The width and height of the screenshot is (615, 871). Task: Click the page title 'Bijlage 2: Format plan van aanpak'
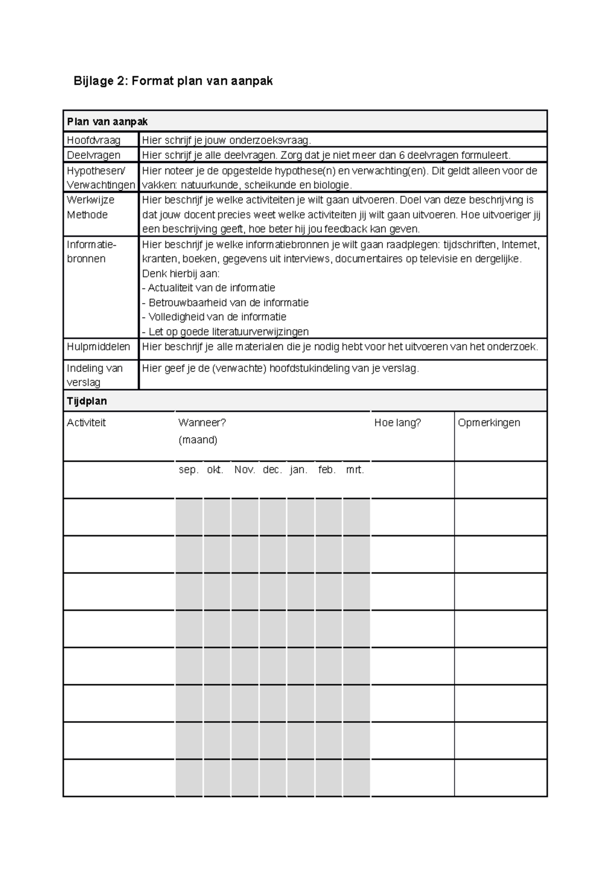coord(173,81)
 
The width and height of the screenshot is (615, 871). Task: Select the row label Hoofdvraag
coord(93,140)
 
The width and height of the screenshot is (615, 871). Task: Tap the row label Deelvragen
coord(93,155)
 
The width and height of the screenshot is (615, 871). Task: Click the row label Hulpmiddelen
coord(98,347)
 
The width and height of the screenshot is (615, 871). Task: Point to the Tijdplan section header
coord(87,401)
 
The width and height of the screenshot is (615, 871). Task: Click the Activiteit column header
coord(86,423)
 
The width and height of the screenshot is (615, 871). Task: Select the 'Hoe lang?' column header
coord(397,423)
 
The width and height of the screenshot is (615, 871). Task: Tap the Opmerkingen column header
coord(488,423)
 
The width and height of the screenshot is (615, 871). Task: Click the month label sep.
coord(188,470)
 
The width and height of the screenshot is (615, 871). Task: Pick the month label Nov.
coord(244,470)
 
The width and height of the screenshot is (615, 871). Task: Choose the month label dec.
coord(272,470)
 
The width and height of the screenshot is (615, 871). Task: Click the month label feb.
coord(327,470)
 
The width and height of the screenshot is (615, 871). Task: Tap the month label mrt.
coord(355,470)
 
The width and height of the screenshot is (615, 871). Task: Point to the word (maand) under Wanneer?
coord(198,440)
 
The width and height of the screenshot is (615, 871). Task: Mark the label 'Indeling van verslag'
coord(94,375)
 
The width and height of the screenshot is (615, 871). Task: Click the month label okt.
coord(215,470)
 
